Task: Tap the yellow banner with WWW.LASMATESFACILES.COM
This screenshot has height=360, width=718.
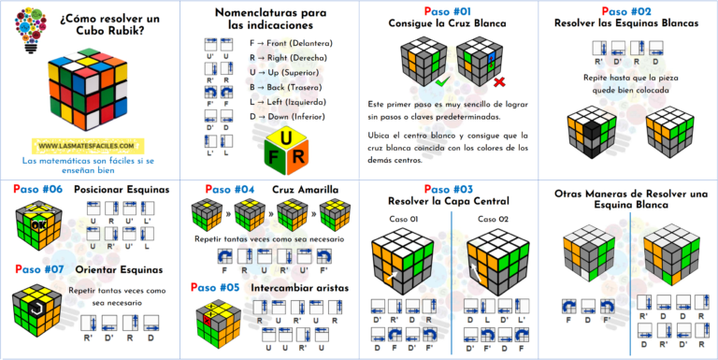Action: click(x=88, y=146)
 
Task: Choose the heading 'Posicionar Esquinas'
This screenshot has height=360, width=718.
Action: click(x=122, y=189)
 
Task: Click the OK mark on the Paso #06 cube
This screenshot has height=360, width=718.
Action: click(x=36, y=223)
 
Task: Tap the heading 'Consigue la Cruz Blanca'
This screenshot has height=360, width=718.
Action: click(x=448, y=22)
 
